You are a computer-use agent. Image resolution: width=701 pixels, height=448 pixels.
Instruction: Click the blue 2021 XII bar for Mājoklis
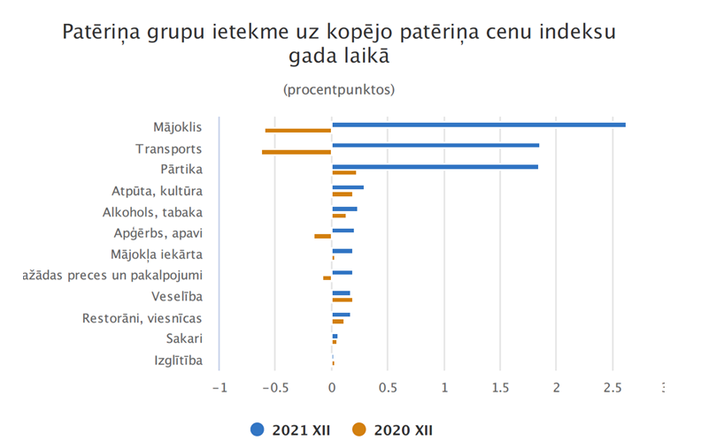(478, 125)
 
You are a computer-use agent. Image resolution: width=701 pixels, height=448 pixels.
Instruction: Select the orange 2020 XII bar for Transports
(297, 152)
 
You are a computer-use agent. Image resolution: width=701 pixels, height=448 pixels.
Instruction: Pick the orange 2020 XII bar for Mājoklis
(298, 131)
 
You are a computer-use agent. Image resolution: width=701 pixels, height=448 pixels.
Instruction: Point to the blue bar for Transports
(435, 145)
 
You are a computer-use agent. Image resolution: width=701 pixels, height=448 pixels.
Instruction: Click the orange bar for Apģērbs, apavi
(322, 236)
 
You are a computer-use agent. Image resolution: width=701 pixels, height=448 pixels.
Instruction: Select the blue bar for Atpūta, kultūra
(348, 187)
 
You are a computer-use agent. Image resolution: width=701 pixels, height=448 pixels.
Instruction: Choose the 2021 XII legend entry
(293, 430)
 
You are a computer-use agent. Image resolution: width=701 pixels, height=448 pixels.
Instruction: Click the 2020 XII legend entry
(393, 430)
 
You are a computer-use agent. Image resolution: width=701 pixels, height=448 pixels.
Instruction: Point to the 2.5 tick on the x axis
(612, 387)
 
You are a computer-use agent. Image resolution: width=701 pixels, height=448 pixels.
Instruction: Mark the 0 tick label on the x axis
(332, 387)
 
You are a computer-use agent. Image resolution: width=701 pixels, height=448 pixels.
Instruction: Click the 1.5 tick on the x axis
(500, 387)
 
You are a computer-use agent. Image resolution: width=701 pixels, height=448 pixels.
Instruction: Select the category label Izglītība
(178, 361)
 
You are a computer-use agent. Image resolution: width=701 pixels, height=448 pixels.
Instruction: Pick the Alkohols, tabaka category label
(152, 212)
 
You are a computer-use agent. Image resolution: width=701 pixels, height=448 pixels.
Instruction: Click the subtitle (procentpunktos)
(339, 90)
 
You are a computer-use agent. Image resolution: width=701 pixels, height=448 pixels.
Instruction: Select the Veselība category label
(176, 297)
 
